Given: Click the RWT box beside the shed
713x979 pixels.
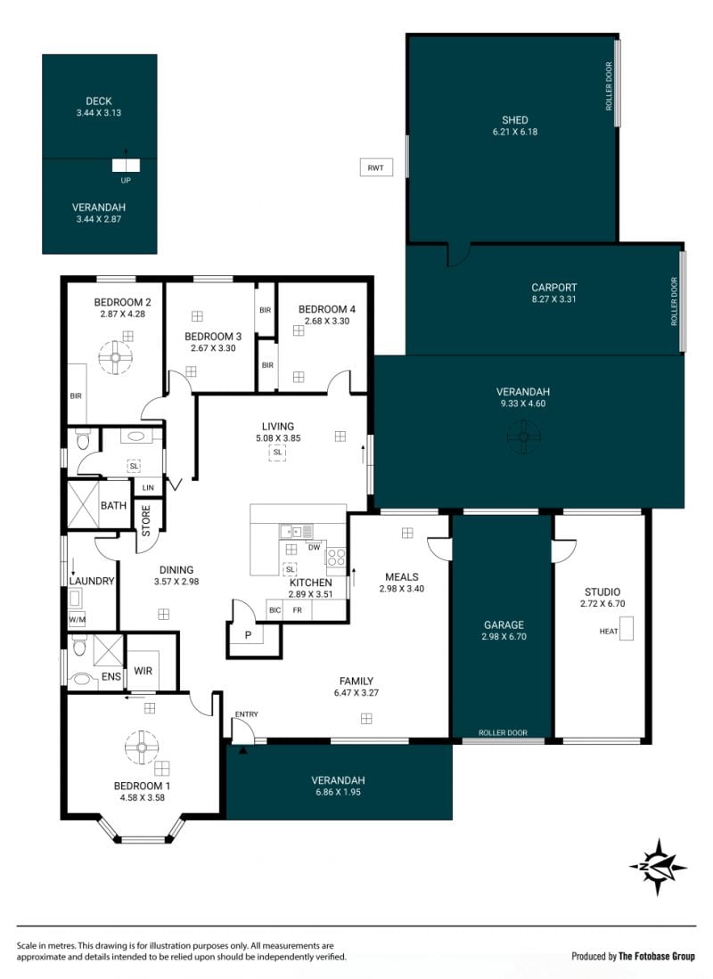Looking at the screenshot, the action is point(376,167).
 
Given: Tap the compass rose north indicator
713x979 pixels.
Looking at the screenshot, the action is point(659,867).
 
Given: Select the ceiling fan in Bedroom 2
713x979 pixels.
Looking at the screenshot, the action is point(116,357).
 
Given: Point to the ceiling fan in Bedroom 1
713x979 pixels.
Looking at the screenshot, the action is point(141,747).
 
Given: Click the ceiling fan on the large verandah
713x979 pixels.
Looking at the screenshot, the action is point(522,436).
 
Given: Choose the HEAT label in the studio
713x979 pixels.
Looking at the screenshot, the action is point(609,632).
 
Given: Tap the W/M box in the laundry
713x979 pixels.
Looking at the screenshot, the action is point(77,619).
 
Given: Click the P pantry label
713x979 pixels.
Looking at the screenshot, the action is point(248,636).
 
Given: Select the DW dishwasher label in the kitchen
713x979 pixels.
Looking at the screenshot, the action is point(314,548).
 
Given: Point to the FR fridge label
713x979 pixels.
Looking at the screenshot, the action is point(298,610).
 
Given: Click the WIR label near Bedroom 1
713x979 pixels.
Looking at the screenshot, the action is point(143,671).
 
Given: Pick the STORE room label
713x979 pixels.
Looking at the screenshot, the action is point(146,521).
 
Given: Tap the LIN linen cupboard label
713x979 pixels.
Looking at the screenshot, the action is point(148,487).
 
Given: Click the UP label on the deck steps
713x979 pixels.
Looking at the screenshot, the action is point(126,181).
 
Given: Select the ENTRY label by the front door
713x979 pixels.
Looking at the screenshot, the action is point(246,714).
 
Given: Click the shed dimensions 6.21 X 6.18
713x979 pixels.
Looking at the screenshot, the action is point(515,132).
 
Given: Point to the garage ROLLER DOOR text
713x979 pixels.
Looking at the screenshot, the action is point(503,733).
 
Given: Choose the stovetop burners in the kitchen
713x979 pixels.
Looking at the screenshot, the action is point(336,557).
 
